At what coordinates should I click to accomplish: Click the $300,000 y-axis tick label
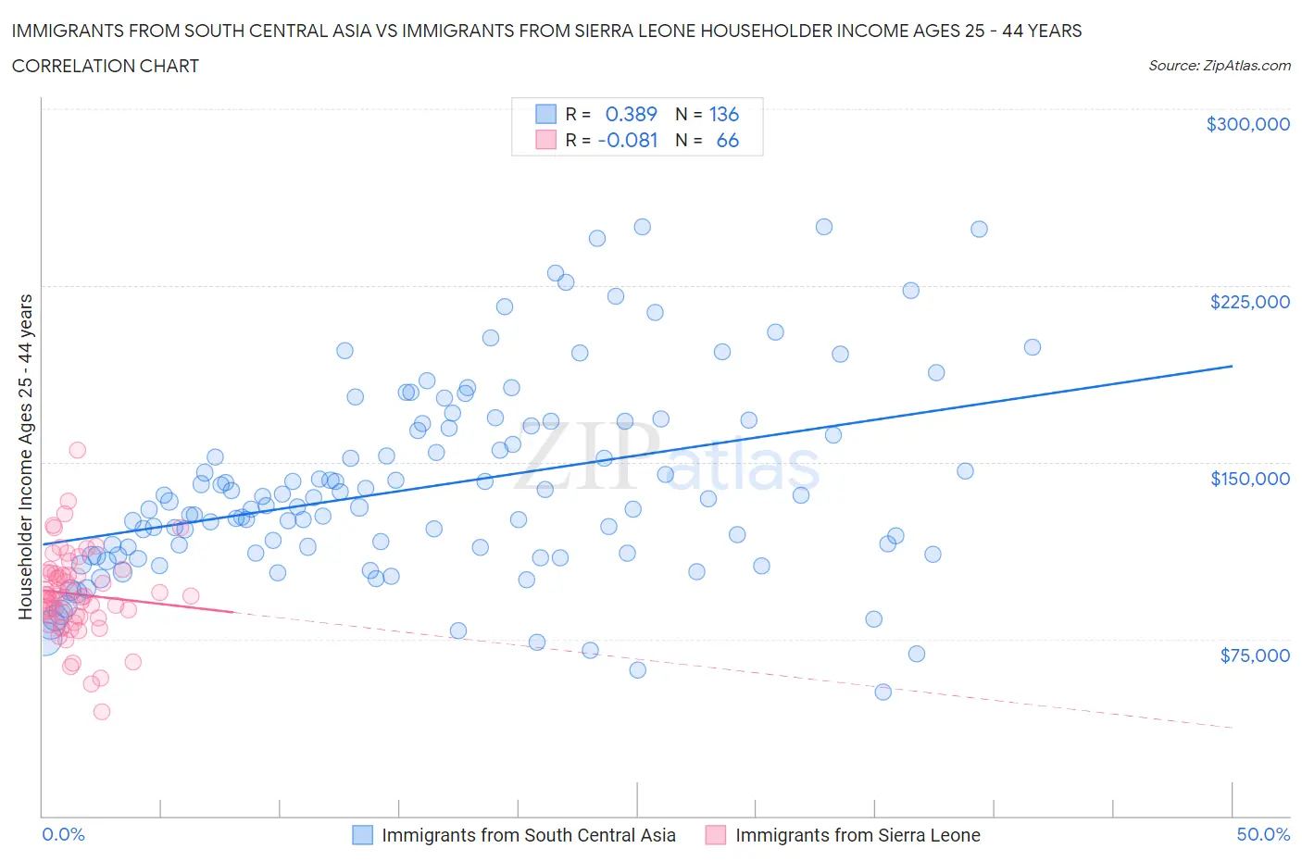(1247, 124)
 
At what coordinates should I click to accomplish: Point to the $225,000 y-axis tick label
(1249, 302)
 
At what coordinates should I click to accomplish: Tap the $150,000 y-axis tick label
(1249, 479)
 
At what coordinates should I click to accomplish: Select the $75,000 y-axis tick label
(1254, 655)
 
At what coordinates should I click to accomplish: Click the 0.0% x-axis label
(63, 834)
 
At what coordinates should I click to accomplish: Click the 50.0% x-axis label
(1263, 834)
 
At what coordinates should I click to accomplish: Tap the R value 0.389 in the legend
(631, 114)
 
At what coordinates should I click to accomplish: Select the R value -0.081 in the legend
(628, 140)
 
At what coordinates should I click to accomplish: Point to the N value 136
(723, 114)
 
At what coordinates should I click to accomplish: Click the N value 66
(727, 140)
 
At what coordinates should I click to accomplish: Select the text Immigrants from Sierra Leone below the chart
(857, 835)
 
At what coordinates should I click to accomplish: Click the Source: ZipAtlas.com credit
(1219, 65)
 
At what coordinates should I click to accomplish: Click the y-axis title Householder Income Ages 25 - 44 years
(26, 456)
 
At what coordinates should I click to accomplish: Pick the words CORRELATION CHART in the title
(105, 66)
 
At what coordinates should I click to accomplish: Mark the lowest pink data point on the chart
(102, 711)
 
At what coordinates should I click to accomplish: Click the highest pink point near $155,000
(78, 450)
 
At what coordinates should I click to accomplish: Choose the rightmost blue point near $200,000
(1033, 347)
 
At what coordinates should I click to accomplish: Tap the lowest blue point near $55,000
(883, 692)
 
